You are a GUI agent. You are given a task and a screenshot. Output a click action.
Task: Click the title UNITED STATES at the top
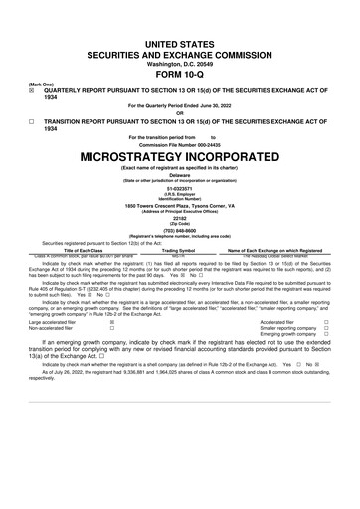point(179,33)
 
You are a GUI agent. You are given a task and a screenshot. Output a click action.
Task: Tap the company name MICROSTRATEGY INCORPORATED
point(179,156)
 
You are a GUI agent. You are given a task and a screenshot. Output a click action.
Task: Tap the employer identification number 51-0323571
point(179,189)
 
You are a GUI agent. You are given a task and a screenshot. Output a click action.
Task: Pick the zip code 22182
point(179,218)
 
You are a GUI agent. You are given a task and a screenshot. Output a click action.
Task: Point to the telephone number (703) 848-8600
point(179,231)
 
